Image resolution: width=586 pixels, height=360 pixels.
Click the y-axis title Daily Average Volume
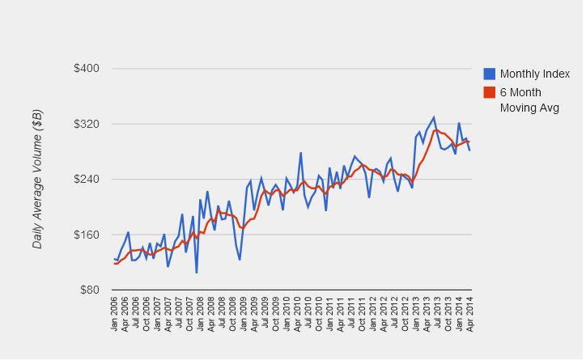click(x=37, y=180)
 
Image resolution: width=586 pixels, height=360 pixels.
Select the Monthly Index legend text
click(x=535, y=74)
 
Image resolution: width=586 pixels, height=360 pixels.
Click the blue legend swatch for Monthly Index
click(x=490, y=74)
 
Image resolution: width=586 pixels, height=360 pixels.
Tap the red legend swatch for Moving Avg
click(x=490, y=92)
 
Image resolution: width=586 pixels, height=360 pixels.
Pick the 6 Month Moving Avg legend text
click(x=529, y=100)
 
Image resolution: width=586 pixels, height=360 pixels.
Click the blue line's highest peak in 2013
click(x=434, y=117)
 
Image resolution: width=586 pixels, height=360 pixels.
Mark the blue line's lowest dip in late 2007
click(x=197, y=273)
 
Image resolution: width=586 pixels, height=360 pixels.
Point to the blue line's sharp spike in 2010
click(x=301, y=153)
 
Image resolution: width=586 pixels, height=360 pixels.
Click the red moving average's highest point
click(x=437, y=129)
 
